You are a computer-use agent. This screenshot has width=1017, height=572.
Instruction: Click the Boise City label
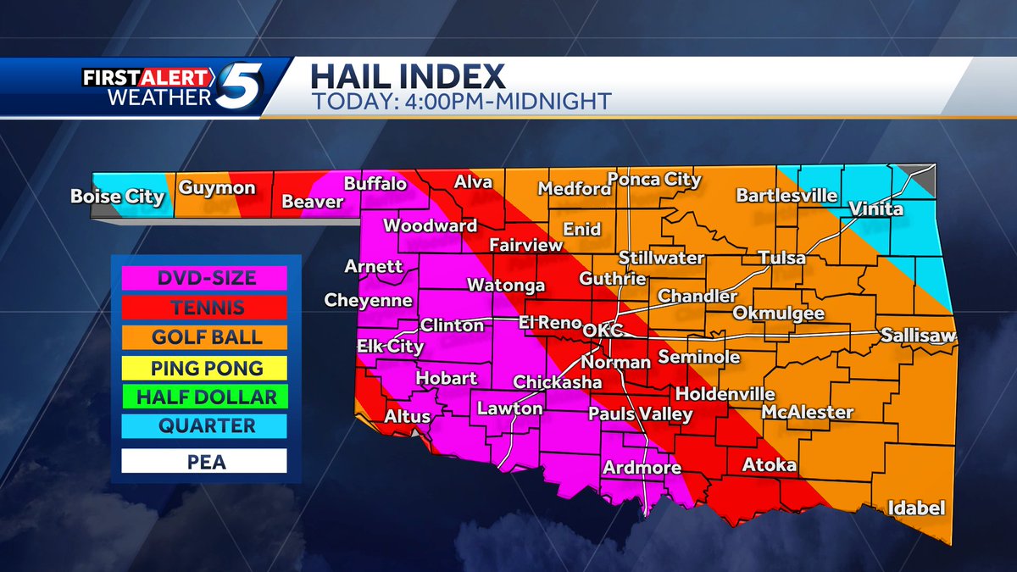[117, 197]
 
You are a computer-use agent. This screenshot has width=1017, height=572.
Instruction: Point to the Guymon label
[216, 187]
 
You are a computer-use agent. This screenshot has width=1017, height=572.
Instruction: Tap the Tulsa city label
[781, 258]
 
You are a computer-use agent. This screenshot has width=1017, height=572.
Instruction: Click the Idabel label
[915, 508]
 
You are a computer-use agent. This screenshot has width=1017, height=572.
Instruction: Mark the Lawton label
[509, 408]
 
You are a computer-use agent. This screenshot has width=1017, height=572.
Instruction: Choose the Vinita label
[876, 209]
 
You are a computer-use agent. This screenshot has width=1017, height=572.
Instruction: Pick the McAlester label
[807, 413]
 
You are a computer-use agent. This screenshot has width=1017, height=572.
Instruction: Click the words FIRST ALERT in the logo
[147, 78]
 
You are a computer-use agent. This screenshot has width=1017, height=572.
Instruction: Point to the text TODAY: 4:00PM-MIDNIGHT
[460, 101]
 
